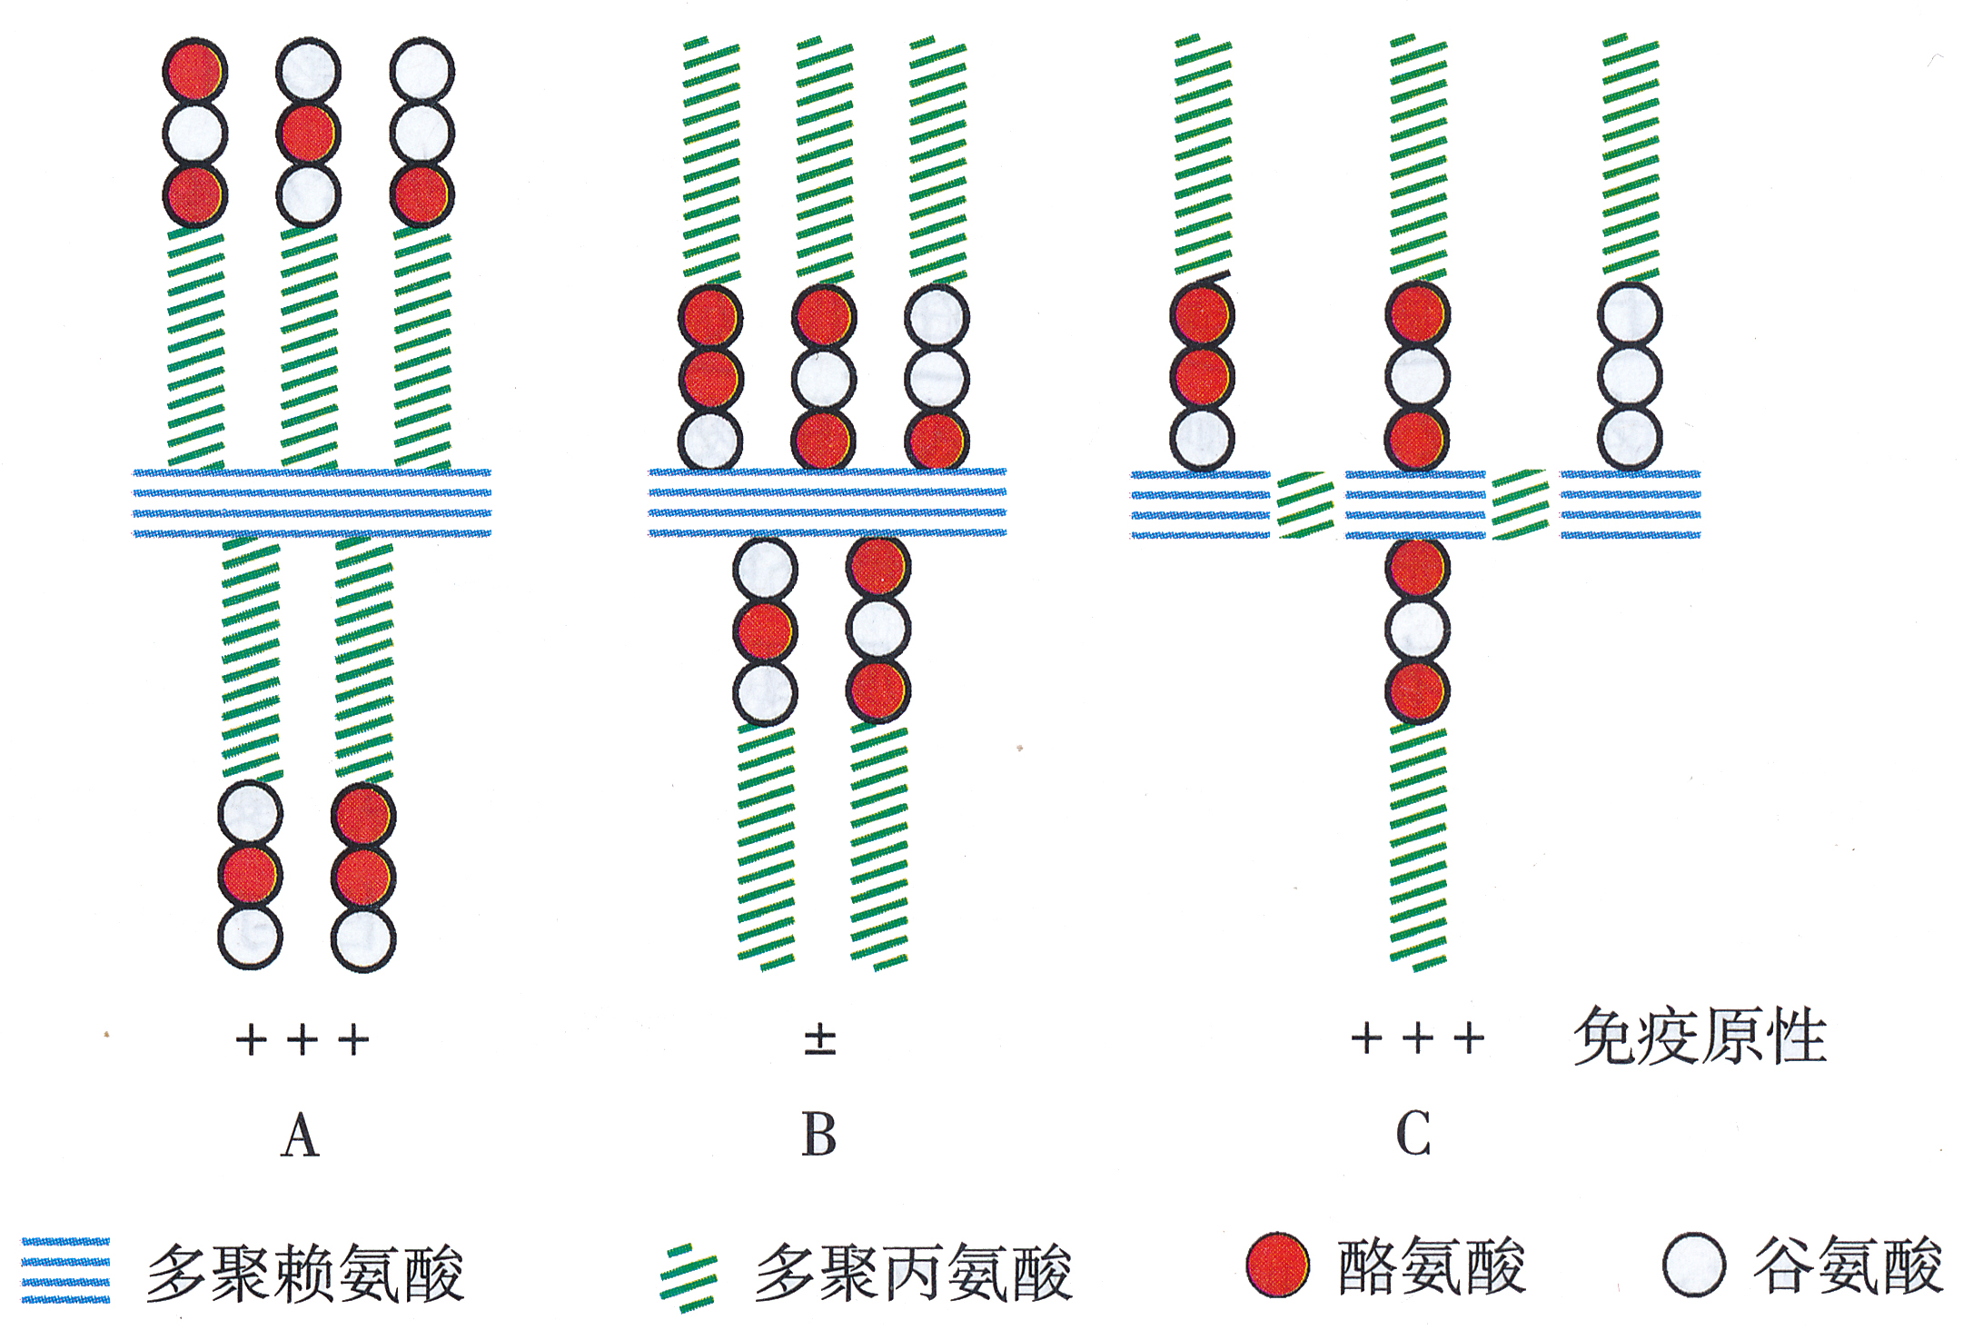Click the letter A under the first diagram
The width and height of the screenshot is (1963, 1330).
coord(301,1136)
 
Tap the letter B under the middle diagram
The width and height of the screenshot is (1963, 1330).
coord(818,1136)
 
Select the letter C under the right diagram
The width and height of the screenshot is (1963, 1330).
coord(1413,1136)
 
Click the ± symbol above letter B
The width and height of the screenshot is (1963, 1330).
coord(819,1039)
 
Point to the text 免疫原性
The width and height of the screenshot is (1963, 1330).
coord(1699,1037)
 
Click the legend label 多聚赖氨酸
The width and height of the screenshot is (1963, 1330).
coord(305,1273)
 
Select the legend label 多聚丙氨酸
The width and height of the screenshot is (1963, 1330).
coord(914,1273)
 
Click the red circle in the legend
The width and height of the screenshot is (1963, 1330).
coord(1277,1265)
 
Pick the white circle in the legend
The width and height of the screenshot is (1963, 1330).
coord(1694,1265)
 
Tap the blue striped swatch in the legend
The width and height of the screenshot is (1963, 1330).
coord(65,1270)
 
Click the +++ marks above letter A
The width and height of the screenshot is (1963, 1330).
coord(302,1039)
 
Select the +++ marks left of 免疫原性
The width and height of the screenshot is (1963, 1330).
coord(1417,1037)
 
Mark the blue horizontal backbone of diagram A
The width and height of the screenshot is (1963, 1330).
coord(312,502)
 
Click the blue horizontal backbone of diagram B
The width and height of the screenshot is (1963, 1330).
coord(827,502)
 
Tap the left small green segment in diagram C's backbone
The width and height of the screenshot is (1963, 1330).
coord(1305,504)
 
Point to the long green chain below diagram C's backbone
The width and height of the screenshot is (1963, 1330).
coord(1418,845)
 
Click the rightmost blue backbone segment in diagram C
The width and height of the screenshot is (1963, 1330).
coord(1630,504)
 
